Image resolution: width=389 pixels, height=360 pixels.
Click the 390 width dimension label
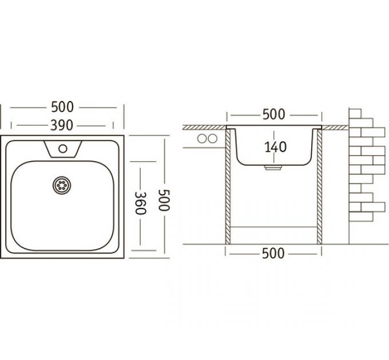pos(62,125)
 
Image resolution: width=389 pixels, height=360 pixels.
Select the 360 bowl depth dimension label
pos(140,203)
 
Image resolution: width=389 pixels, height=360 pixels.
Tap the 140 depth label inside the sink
pos(275,147)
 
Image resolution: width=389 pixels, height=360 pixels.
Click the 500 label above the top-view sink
pos(62,107)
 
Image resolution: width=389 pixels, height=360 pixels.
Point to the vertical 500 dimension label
pos(164,200)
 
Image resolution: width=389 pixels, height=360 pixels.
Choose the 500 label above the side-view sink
pos(274,114)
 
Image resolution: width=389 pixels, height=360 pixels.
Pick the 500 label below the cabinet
pos(273,254)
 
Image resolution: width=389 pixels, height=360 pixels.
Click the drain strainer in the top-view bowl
pos(62,185)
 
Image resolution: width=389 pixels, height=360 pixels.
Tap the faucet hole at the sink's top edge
pos(63,149)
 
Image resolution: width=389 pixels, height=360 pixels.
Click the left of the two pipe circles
pos(202,139)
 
